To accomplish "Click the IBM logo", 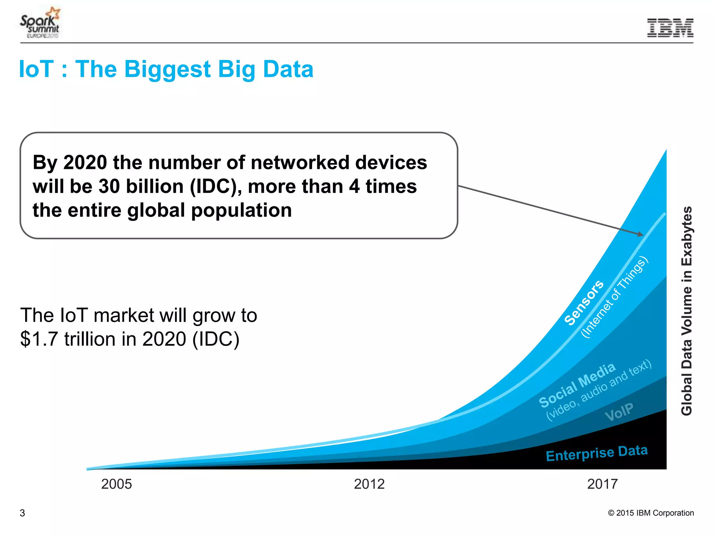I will tap(670, 28).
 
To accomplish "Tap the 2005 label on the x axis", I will tap(116, 484).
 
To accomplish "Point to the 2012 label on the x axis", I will tap(369, 484).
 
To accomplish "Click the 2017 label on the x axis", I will tap(602, 484).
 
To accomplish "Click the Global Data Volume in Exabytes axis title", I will tap(686, 311).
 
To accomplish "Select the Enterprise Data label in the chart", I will tap(597, 453).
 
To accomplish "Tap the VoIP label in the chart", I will tap(619, 412).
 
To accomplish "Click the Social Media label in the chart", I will tap(577, 385).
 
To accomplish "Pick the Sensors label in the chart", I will tap(584, 303).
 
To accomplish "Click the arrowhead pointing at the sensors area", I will tap(640, 234).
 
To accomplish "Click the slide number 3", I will tap(22, 513).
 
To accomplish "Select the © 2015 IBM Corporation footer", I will tap(651, 513).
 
